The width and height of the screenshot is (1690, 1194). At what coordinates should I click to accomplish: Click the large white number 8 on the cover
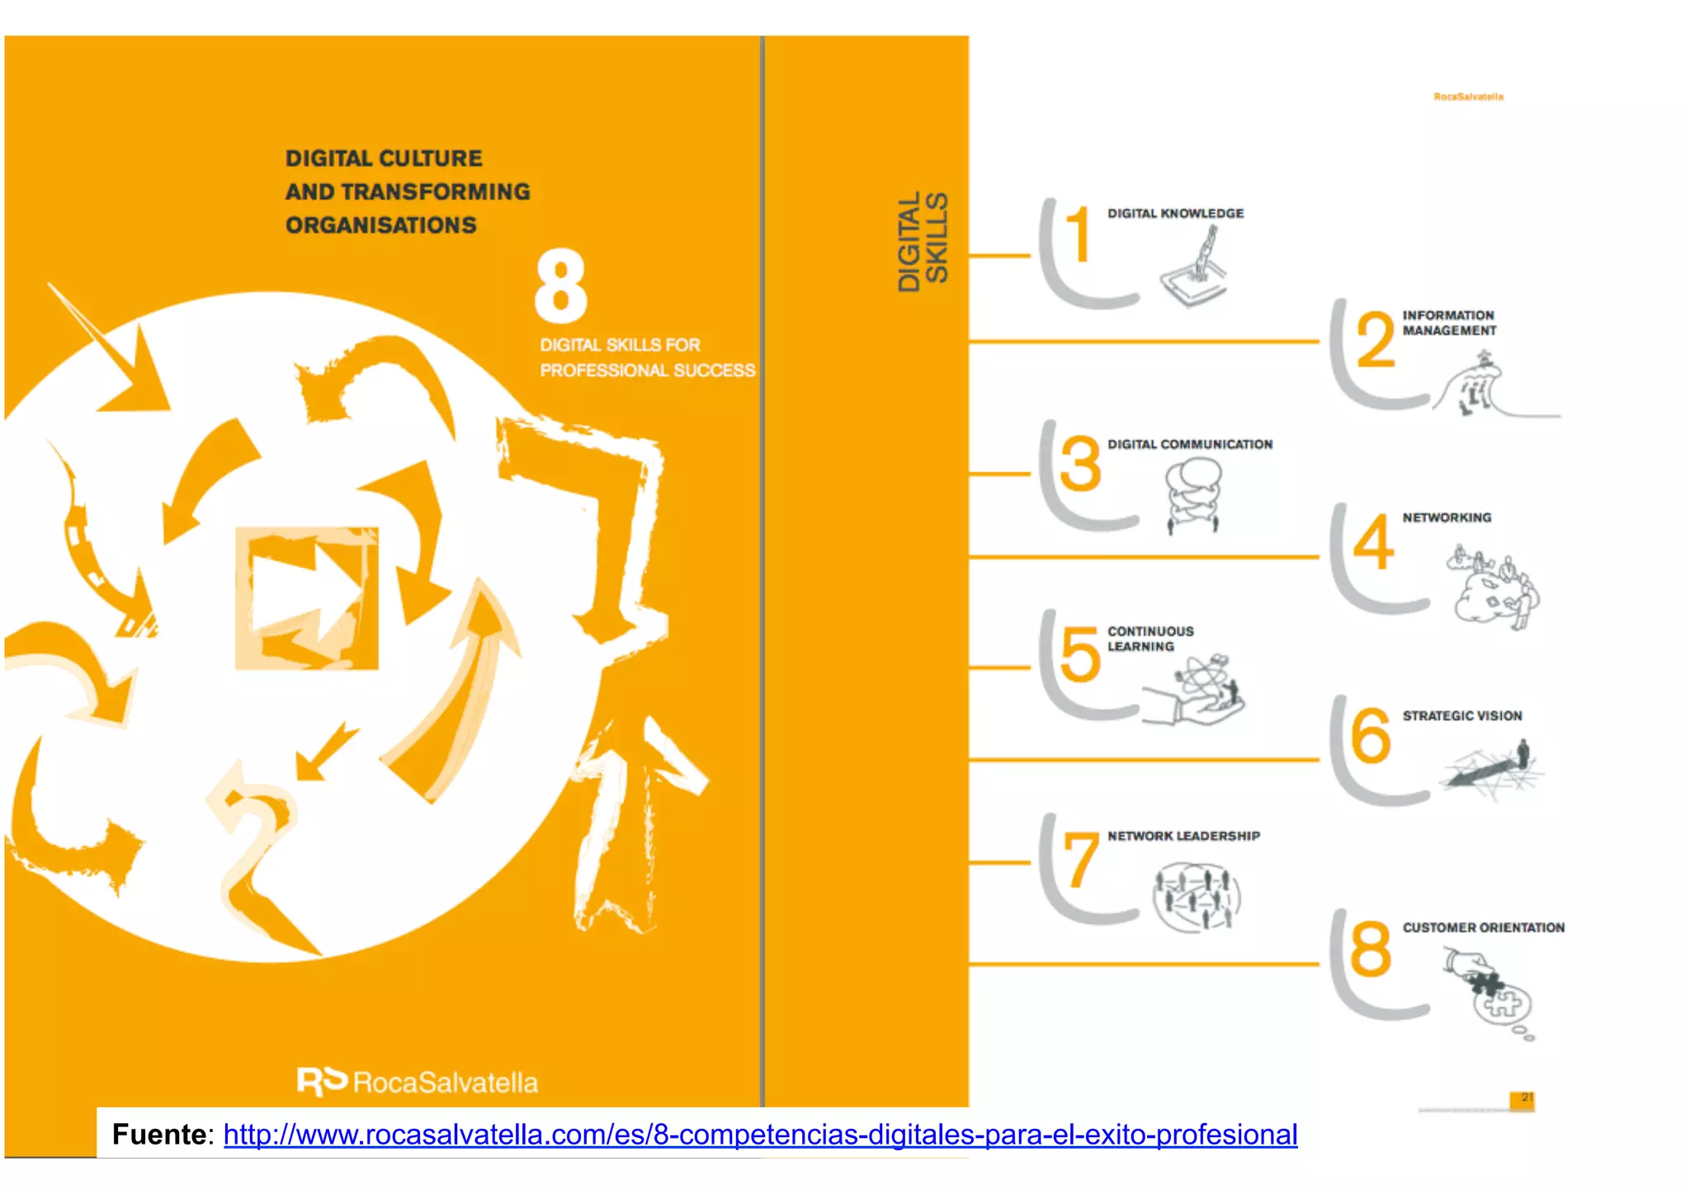point(561,286)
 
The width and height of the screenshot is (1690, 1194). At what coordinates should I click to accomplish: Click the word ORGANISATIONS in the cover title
point(380,224)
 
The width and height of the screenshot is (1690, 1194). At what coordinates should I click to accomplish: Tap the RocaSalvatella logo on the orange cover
point(418,1082)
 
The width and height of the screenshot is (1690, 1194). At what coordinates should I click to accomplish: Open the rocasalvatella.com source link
point(759,1135)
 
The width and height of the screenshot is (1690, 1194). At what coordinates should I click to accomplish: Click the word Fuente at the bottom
point(159,1135)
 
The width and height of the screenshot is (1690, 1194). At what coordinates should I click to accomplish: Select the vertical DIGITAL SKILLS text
point(923,242)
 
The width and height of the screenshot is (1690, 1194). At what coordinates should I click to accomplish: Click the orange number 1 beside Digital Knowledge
point(1077,234)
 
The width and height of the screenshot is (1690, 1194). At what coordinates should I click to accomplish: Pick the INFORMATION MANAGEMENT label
point(1448,323)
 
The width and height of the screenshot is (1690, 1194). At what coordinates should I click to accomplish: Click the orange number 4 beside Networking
point(1373,541)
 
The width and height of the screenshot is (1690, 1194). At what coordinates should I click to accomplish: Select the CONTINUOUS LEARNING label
point(1149,639)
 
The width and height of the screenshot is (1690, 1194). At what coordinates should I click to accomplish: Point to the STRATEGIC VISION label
point(1461,715)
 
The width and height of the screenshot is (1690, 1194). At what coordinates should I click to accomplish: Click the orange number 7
point(1080,860)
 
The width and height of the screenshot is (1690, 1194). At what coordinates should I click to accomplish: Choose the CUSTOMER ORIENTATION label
point(1483,927)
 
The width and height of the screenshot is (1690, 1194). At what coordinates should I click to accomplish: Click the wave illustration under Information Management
point(1485,388)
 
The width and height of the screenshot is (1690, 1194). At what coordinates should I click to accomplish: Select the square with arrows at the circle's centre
point(306,598)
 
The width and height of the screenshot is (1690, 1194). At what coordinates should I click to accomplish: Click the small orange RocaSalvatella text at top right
point(1468,97)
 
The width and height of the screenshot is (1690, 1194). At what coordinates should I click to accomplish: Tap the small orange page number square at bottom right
point(1522,1100)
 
